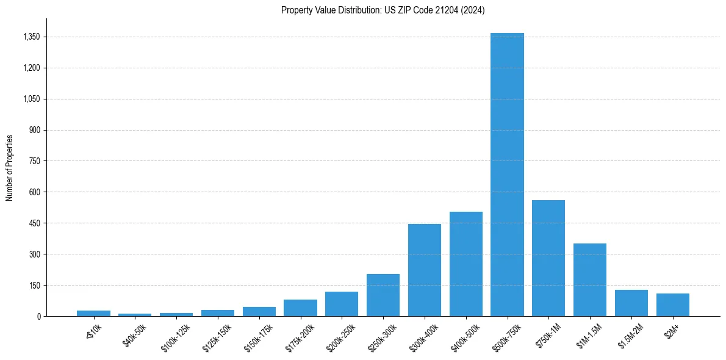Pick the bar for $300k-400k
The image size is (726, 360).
(x=425, y=270)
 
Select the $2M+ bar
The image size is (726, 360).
(x=673, y=304)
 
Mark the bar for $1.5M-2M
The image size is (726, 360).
(x=631, y=303)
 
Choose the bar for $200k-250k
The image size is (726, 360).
(x=342, y=304)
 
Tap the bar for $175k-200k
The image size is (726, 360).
(x=300, y=308)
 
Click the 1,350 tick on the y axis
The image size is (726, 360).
(x=31, y=37)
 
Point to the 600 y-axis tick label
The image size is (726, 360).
(x=35, y=192)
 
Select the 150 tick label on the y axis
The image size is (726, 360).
(x=35, y=285)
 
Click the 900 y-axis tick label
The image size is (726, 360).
(x=35, y=130)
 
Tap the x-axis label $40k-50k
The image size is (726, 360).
(x=135, y=335)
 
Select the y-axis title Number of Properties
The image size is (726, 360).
(x=10, y=167)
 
